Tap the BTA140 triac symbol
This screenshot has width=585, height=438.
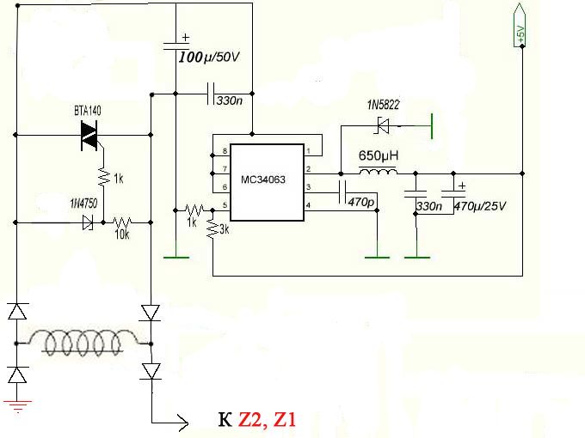pos(89,135)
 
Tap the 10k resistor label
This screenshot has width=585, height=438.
pos(124,234)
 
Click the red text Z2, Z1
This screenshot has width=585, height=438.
pos(270,420)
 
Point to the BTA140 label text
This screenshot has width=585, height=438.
pos(89,112)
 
